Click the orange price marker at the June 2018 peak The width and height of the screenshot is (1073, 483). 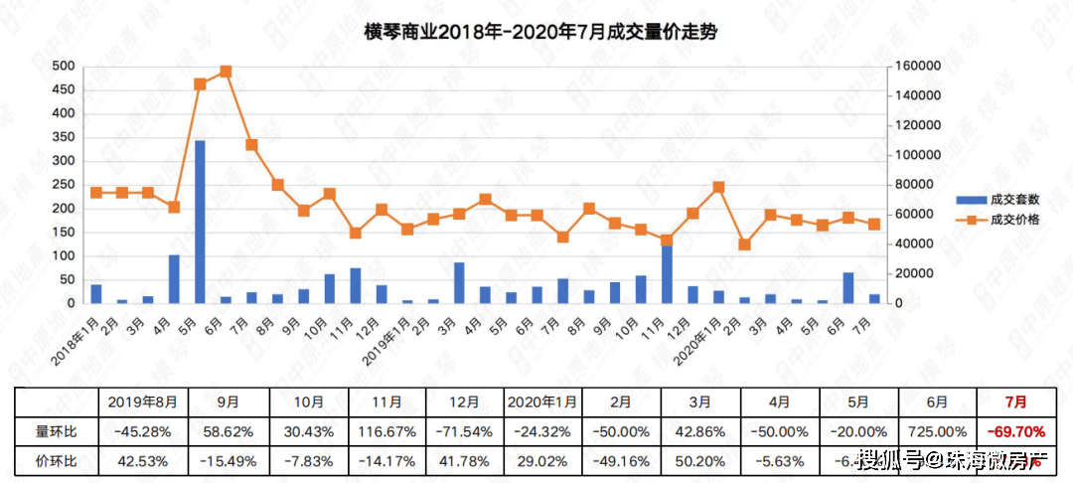pyautogui.click(x=226, y=72)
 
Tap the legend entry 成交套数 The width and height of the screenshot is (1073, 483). pyautogui.click(x=1014, y=199)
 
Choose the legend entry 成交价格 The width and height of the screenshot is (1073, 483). pyautogui.click(x=1014, y=220)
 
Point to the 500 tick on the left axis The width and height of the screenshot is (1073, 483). pyautogui.click(x=63, y=66)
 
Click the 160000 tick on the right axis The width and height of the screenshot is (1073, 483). pyautogui.click(x=914, y=66)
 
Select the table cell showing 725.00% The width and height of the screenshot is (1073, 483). pyautogui.click(x=936, y=432)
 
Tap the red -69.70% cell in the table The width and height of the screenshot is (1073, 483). pyautogui.click(x=1013, y=432)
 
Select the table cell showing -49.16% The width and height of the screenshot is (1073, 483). pyautogui.click(x=621, y=461)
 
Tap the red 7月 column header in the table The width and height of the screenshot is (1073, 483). pyautogui.click(x=1013, y=402)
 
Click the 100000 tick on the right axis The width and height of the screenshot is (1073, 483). pyautogui.click(x=914, y=155)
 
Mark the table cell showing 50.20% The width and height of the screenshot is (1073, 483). pyautogui.click(x=700, y=461)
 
